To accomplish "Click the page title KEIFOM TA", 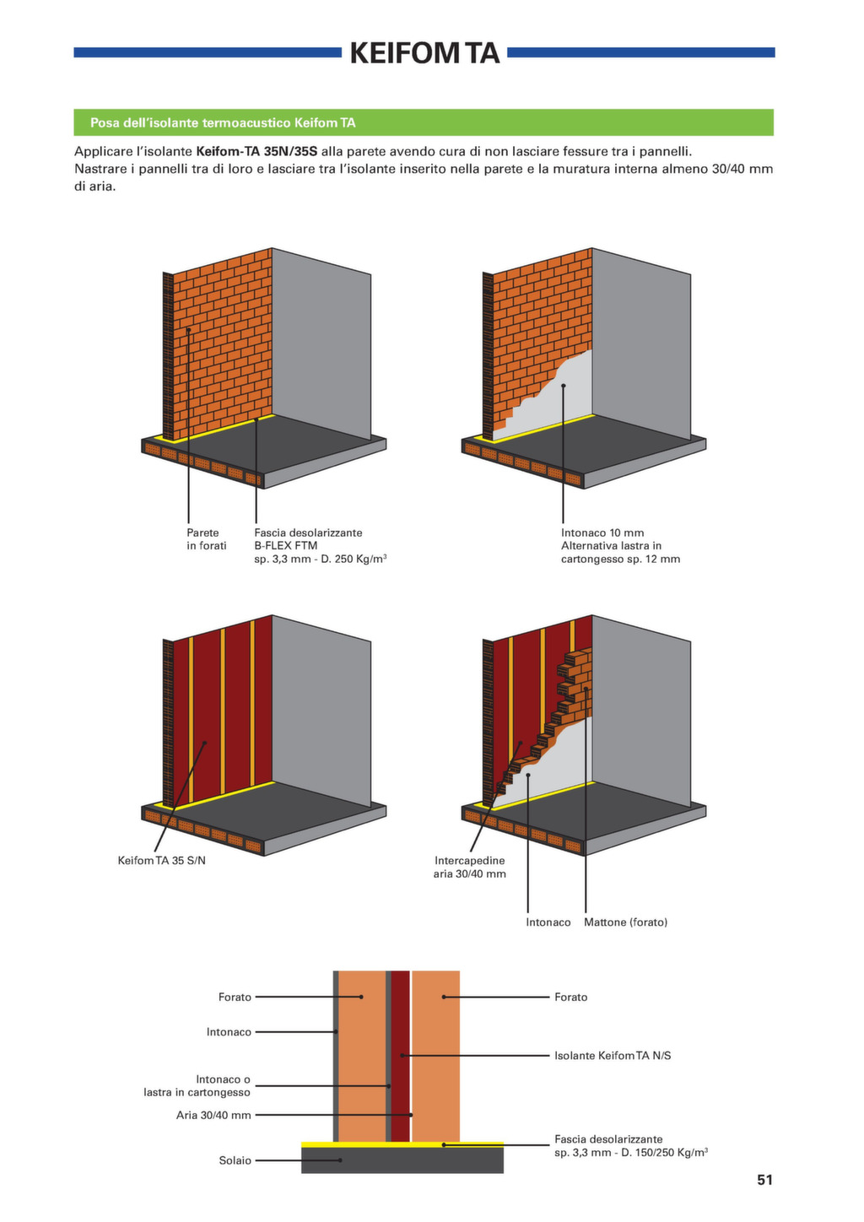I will pyautogui.click(x=424, y=53).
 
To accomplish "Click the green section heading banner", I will pyautogui.click(x=424, y=122).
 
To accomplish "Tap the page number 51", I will pyautogui.click(x=764, y=1180).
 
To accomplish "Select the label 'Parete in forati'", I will pyautogui.click(x=207, y=539).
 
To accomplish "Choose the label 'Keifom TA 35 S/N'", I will pyautogui.click(x=162, y=861).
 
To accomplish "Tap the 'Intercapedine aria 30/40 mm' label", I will pyautogui.click(x=470, y=867).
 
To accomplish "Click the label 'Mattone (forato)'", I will pyautogui.click(x=625, y=922).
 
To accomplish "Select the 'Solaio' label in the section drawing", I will pyautogui.click(x=235, y=1160).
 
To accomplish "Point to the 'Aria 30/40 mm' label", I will pyautogui.click(x=213, y=1115).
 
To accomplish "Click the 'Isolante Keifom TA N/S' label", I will pyautogui.click(x=613, y=1056).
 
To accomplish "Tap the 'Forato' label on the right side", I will pyautogui.click(x=571, y=998).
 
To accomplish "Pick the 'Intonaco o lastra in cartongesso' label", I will pyautogui.click(x=197, y=1086).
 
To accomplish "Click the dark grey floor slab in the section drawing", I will pyautogui.click(x=402, y=1160).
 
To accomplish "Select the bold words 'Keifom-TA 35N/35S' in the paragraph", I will pyautogui.click(x=256, y=152).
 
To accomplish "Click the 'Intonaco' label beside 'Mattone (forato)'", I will pyautogui.click(x=548, y=922).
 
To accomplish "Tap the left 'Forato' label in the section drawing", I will pyautogui.click(x=235, y=998).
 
